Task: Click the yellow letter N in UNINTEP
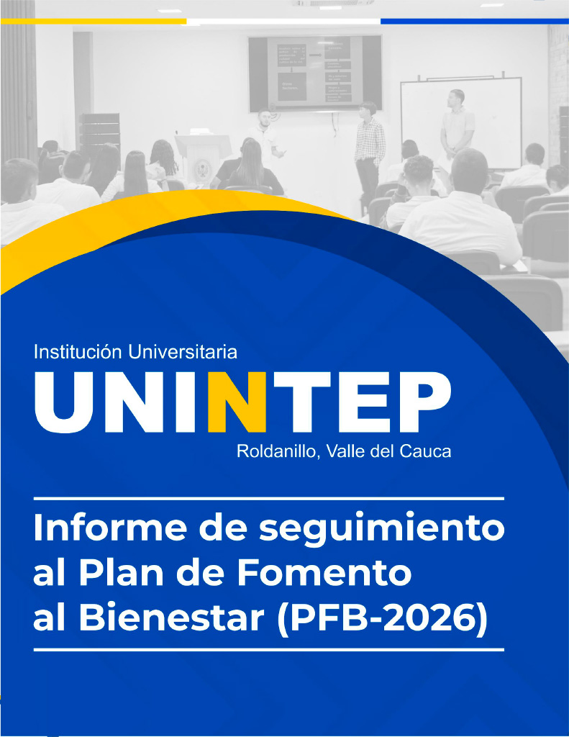[x=237, y=402]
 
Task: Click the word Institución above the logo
[x=78, y=351]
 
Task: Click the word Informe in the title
[x=110, y=528]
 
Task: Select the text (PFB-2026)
[x=383, y=618]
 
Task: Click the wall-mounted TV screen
[x=315, y=73]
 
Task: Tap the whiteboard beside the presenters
[x=461, y=123]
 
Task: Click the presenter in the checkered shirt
[x=369, y=150]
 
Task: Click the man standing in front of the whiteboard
[x=457, y=125]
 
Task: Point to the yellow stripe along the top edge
[x=94, y=21]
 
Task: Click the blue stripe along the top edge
[x=475, y=21]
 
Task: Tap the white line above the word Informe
[x=269, y=498]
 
